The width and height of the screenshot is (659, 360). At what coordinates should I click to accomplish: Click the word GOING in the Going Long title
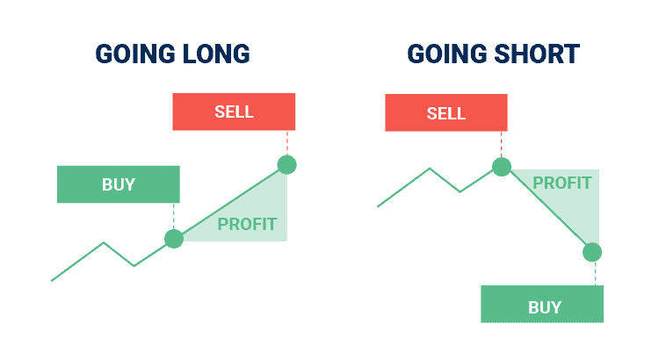click(x=135, y=54)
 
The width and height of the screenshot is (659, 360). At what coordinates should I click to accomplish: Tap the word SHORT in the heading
click(x=537, y=54)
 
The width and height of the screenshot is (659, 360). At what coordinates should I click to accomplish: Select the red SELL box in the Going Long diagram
click(x=234, y=112)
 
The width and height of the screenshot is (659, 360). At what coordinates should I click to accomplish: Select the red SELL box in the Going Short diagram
click(x=446, y=112)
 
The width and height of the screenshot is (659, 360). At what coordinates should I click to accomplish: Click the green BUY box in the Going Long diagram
click(x=119, y=184)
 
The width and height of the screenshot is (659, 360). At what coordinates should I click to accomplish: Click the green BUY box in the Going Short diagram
click(x=542, y=304)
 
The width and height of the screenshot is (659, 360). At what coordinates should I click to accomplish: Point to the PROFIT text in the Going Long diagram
click(x=247, y=224)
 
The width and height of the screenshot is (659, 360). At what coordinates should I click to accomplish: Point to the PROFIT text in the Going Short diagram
click(x=562, y=184)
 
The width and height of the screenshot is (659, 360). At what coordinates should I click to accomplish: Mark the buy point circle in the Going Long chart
click(x=174, y=239)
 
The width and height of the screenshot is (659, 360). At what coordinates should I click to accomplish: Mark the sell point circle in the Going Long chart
click(x=287, y=165)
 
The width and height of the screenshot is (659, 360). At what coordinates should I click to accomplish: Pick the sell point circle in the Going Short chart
click(x=502, y=167)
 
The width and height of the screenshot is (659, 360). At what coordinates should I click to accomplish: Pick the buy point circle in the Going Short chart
click(x=592, y=253)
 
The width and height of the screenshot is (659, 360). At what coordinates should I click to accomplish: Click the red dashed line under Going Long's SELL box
click(x=287, y=143)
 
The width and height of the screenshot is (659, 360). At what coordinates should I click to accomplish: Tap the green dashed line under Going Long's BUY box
click(x=174, y=216)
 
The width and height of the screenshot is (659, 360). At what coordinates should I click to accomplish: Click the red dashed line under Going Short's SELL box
click(x=502, y=145)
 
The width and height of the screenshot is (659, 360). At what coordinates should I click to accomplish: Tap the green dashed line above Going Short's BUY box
click(x=595, y=274)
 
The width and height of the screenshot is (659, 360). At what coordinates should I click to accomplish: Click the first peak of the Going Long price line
click(x=104, y=243)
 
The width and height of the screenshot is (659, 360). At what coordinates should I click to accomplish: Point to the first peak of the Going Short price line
click(x=430, y=169)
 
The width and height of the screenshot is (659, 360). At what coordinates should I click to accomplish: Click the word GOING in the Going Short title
click(x=446, y=54)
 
